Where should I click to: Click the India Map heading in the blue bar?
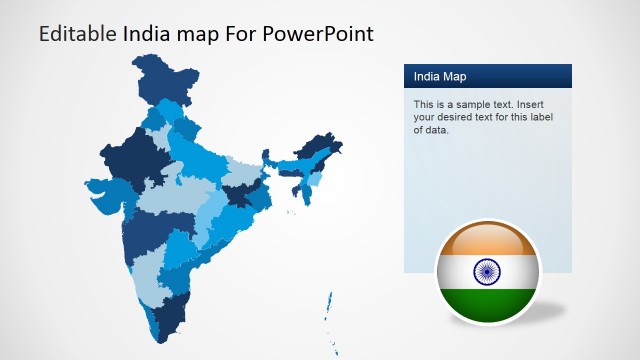[x=440, y=77]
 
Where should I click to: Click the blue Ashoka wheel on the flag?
[x=487, y=269]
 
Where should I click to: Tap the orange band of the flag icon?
[x=487, y=239]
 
